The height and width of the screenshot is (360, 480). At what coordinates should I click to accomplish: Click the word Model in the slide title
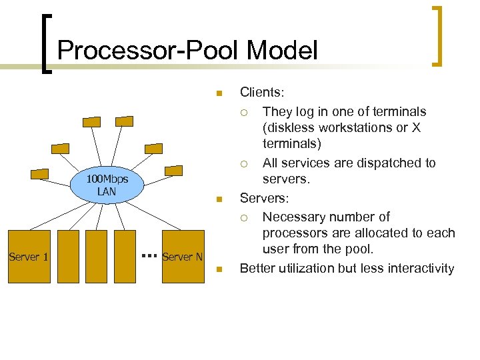click(x=282, y=51)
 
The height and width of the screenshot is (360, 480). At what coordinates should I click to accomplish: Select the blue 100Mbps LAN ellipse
click(x=107, y=185)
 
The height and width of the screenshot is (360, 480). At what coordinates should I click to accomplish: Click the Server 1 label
click(x=28, y=257)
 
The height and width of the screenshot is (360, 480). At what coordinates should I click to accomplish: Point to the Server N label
click(x=182, y=257)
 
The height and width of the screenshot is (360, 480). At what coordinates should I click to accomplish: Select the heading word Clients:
click(x=261, y=92)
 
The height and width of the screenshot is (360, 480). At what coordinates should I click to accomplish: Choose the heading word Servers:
click(x=263, y=198)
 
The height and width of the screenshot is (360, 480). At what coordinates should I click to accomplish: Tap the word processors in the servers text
click(x=294, y=233)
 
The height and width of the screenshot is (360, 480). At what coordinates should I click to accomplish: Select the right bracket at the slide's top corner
click(x=437, y=37)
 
